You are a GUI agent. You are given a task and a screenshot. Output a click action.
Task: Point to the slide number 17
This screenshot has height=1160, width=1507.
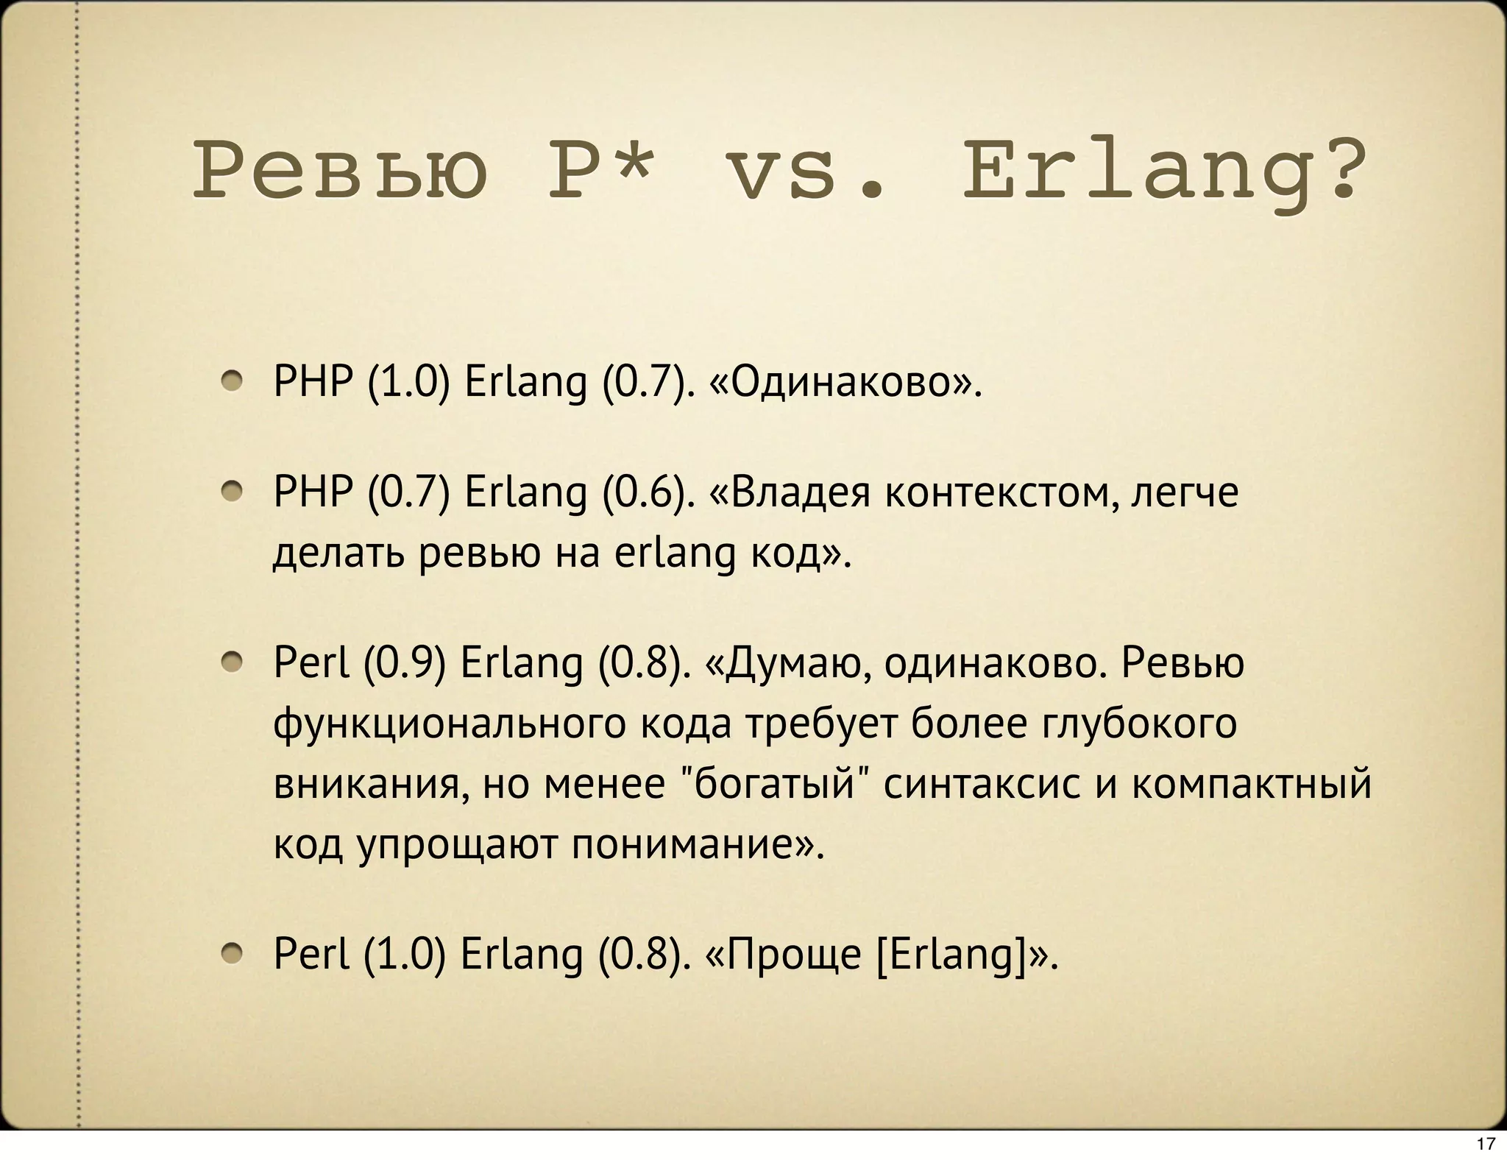tap(1486, 1143)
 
